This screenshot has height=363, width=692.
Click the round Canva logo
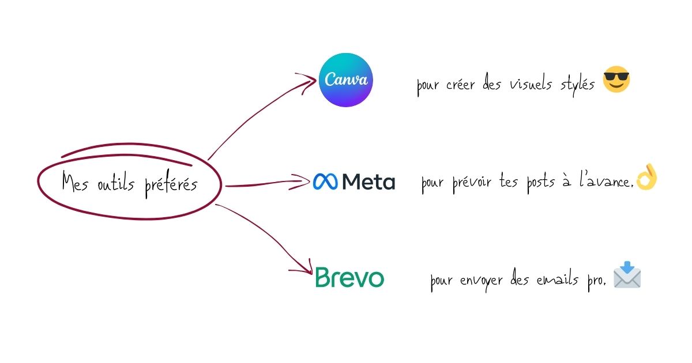pos(346,80)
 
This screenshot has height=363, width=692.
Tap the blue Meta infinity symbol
pos(326,182)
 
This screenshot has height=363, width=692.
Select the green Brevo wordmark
pos(349,278)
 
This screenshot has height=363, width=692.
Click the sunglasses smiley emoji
pos(616,80)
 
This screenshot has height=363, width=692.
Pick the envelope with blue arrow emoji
pos(627,276)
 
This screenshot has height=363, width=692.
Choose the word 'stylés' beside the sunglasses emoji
pos(578,86)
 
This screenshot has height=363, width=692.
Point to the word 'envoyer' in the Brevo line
pos(483,282)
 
